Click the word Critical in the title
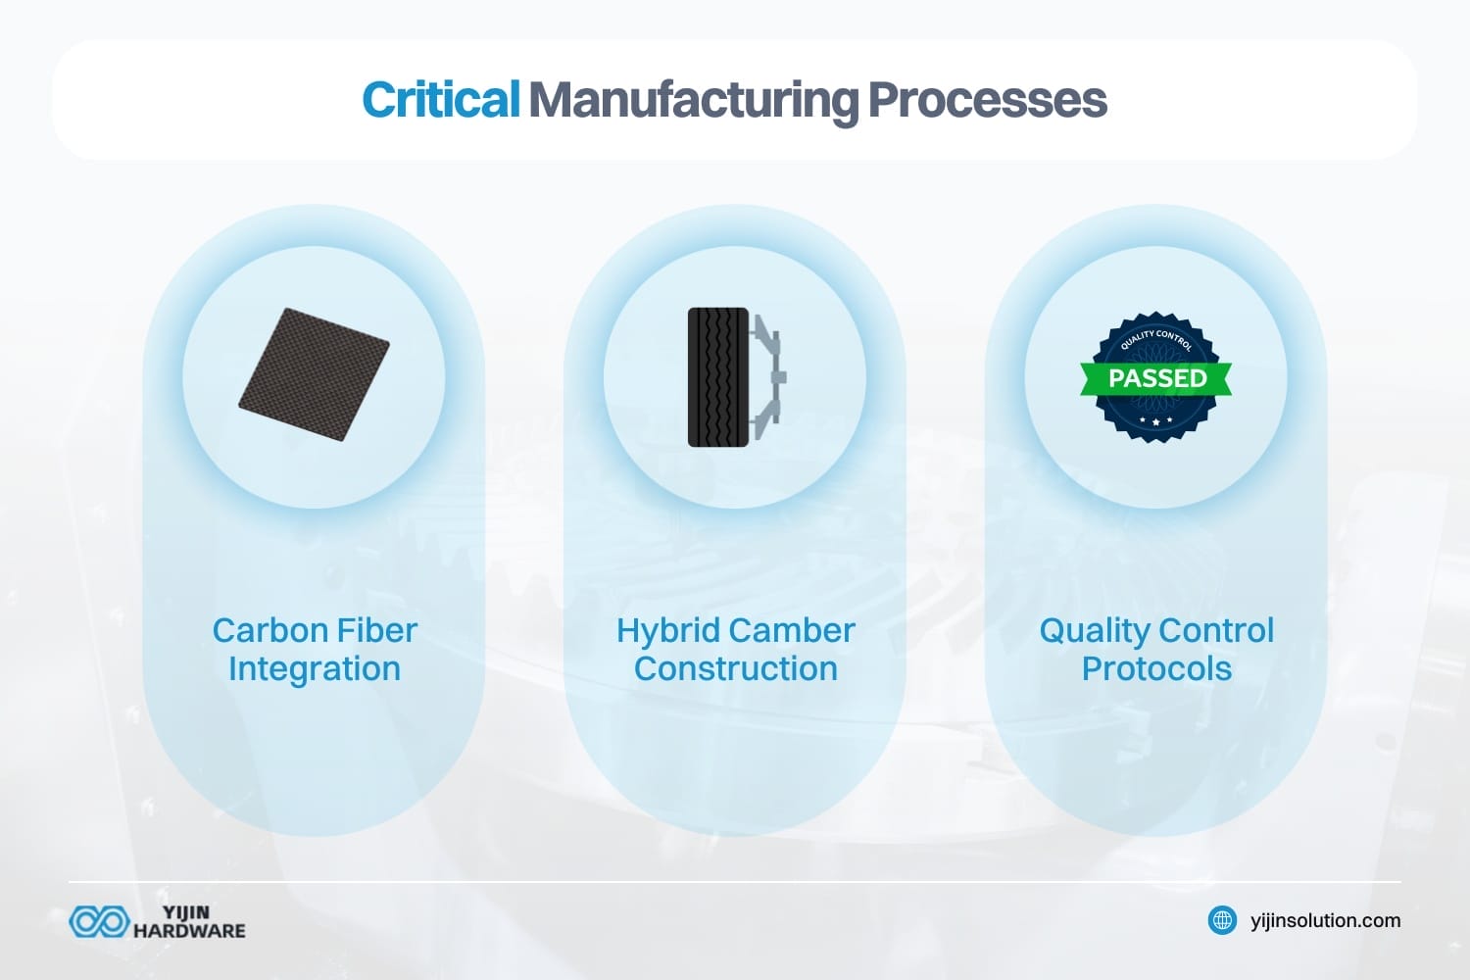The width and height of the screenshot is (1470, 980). click(440, 100)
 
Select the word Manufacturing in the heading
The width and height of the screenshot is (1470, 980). click(693, 100)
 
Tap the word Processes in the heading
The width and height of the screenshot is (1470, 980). click(987, 100)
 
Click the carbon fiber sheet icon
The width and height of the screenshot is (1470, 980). click(314, 374)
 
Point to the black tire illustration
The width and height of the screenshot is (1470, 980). click(718, 377)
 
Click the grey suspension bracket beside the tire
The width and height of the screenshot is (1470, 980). click(769, 377)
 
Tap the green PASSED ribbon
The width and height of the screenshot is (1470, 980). click(1156, 378)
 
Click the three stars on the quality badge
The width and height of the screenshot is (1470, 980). click(1156, 420)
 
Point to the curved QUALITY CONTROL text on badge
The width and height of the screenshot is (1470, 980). click(1156, 339)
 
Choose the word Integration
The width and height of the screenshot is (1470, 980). click(315, 668)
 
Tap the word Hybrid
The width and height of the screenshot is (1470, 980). click(667, 630)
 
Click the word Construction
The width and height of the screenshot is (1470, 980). click(736, 668)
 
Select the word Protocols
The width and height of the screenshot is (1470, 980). click(1156, 668)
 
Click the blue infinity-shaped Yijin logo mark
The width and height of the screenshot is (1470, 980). click(99, 921)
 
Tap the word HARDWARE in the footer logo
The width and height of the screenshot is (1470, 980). click(189, 931)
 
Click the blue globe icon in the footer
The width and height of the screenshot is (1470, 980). click(1222, 920)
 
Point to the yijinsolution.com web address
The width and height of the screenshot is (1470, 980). click(1325, 920)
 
